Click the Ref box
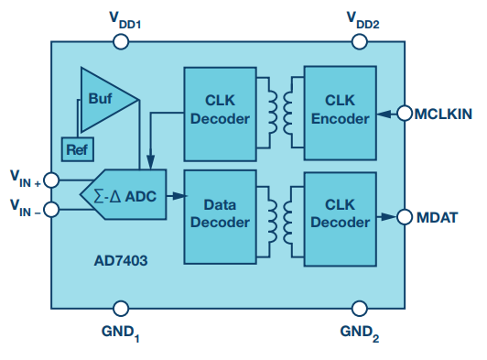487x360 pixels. (78, 149)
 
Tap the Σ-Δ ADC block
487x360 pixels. (124, 194)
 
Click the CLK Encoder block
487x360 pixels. (341, 114)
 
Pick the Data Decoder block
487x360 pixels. (221, 217)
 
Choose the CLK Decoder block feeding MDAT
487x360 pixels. (341, 219)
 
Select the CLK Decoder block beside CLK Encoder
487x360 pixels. (221, 115)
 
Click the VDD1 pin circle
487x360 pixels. (121, 41)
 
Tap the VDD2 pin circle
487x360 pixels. (360, 41)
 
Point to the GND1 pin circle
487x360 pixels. (121, 309)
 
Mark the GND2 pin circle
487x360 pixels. (360, 309)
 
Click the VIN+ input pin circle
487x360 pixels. (51, 180)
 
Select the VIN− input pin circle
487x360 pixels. (51, 209)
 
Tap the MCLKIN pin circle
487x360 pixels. (405, 114)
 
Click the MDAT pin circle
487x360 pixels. (405, 217)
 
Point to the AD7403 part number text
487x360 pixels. (121, 261)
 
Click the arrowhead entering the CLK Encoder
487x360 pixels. (384, 114)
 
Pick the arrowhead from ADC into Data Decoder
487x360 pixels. (179, 196)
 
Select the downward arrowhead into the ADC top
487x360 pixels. (151, 162)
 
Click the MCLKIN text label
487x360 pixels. (443, 115)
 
